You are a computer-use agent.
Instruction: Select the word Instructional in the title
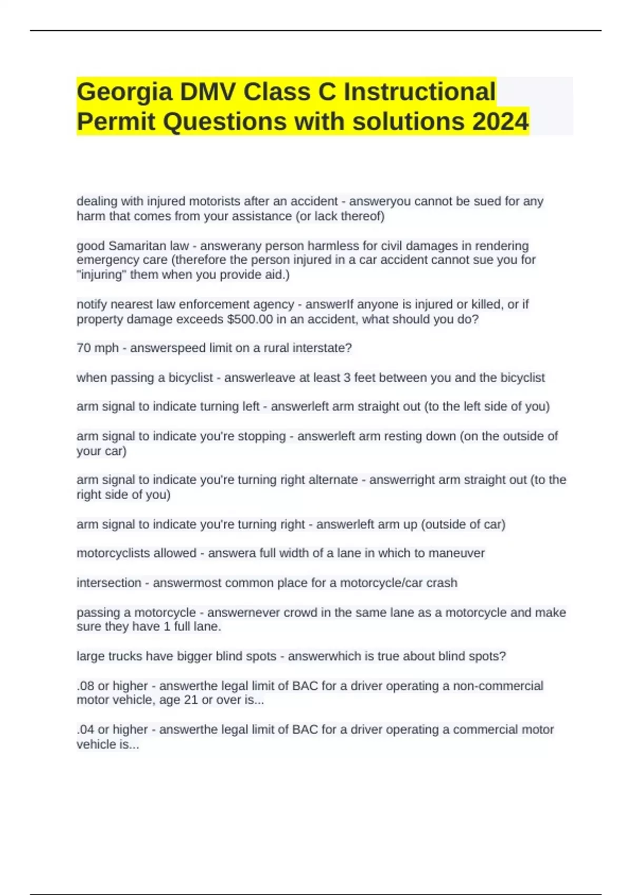point(420,92)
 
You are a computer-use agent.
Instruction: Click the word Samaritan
point(134,246)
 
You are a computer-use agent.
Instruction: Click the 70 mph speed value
point(97,348)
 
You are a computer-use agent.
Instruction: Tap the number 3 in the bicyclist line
point(348,377)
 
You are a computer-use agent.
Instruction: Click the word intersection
point(108,583)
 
